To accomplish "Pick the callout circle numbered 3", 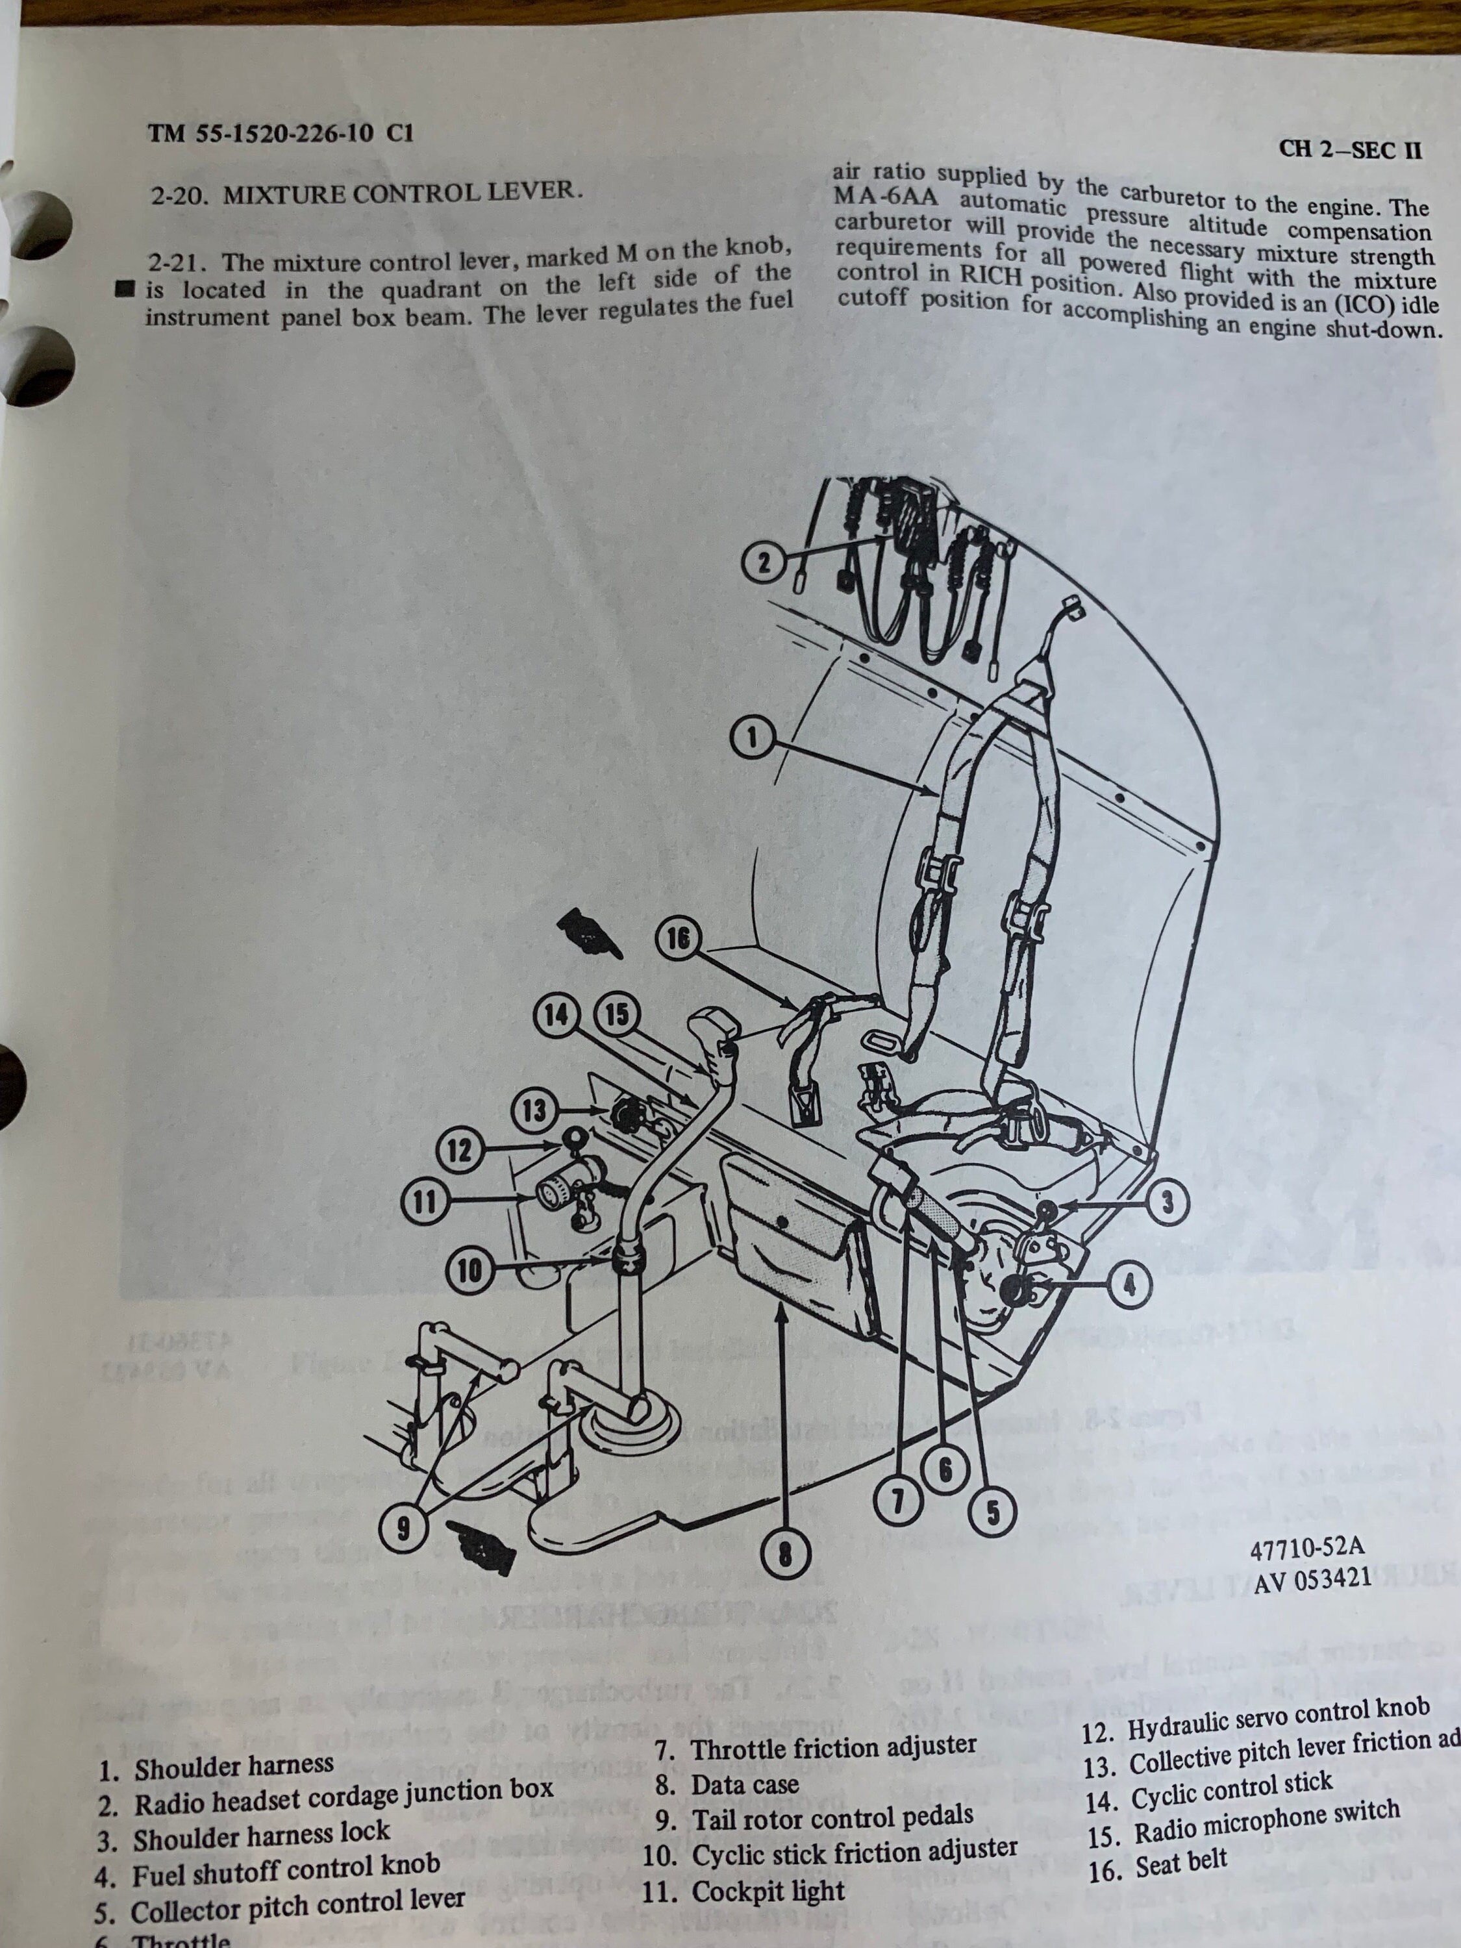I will coord(1168,1203).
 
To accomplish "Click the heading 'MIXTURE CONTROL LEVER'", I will coord(401,193).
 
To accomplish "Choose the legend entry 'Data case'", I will coord(744,1785).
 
